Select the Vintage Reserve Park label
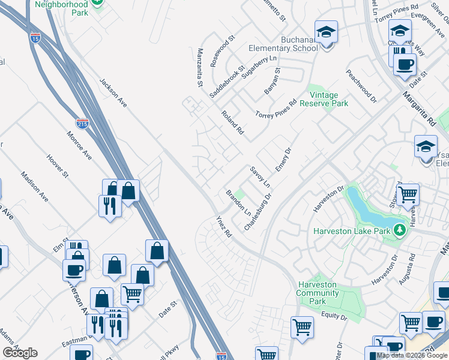(x=328, y=99)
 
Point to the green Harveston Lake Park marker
(x=399, y=229)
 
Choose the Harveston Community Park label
(x=317, y=293)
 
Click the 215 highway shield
(x=83, y=124)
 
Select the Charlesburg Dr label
(x=258, y=212)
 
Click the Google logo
(x=20, y=353)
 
